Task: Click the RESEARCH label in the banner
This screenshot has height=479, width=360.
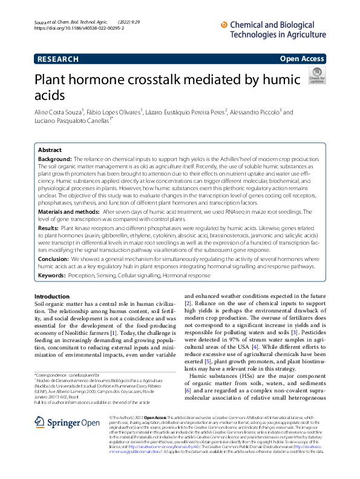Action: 57,59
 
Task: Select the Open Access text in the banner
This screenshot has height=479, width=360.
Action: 302,59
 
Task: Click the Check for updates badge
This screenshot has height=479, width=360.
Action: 316,75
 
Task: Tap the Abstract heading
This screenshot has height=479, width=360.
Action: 50,150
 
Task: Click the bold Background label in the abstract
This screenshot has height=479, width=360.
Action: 54,159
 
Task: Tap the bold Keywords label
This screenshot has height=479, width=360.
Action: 52,276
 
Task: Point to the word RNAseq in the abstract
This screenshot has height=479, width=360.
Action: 243,212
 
